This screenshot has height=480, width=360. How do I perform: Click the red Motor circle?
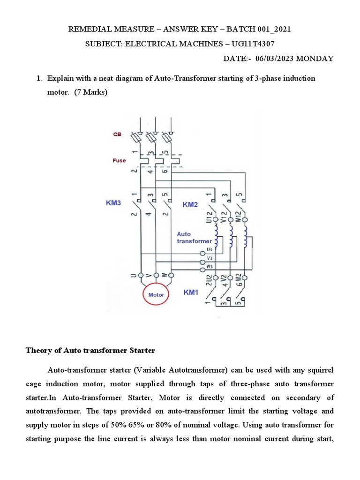click(x=156, y=295)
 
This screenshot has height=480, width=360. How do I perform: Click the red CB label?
click(x=117, y=134)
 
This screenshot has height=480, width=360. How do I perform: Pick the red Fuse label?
click(x=119, y=160)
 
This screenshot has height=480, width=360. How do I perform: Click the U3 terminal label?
click(x=209, y=249)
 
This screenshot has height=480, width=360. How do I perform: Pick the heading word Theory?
click(x=38, y=351)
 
